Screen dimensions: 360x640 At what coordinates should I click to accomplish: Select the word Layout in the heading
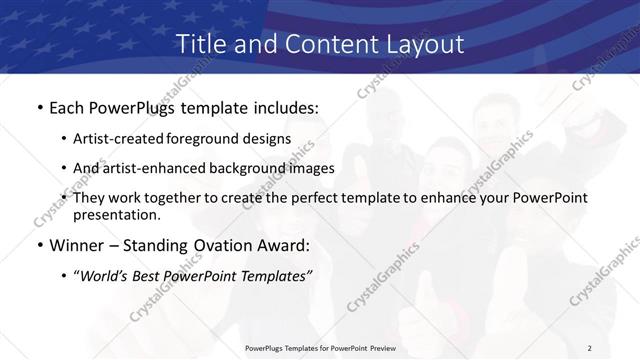[x=424, y=44]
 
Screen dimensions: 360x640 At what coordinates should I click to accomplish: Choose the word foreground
[x=217, y=138]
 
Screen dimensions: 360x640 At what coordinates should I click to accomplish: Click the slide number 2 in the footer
[x=590, y=348]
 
